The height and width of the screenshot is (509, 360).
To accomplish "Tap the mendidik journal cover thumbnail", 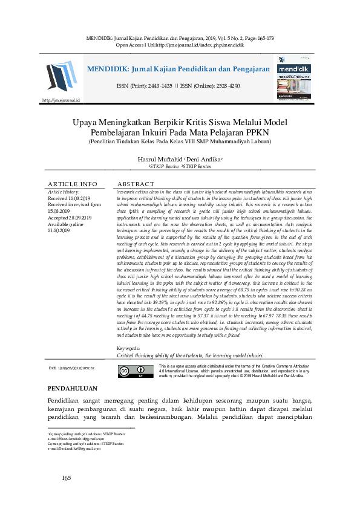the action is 293,79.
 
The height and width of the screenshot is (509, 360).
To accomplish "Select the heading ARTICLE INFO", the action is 72,184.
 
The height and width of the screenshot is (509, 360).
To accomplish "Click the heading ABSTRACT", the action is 136,184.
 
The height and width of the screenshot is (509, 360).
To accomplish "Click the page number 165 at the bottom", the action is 67,479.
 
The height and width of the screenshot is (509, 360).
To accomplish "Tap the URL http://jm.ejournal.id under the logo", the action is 61,100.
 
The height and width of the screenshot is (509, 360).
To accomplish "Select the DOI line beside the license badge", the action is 74,368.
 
